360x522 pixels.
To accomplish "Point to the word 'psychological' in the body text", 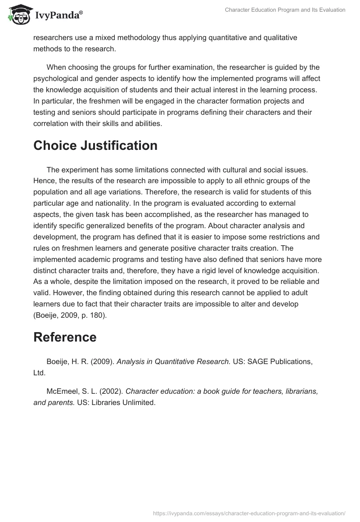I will [54, 79].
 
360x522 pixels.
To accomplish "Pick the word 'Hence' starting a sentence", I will [43, 180].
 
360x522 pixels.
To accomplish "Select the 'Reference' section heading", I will [65, 337].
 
